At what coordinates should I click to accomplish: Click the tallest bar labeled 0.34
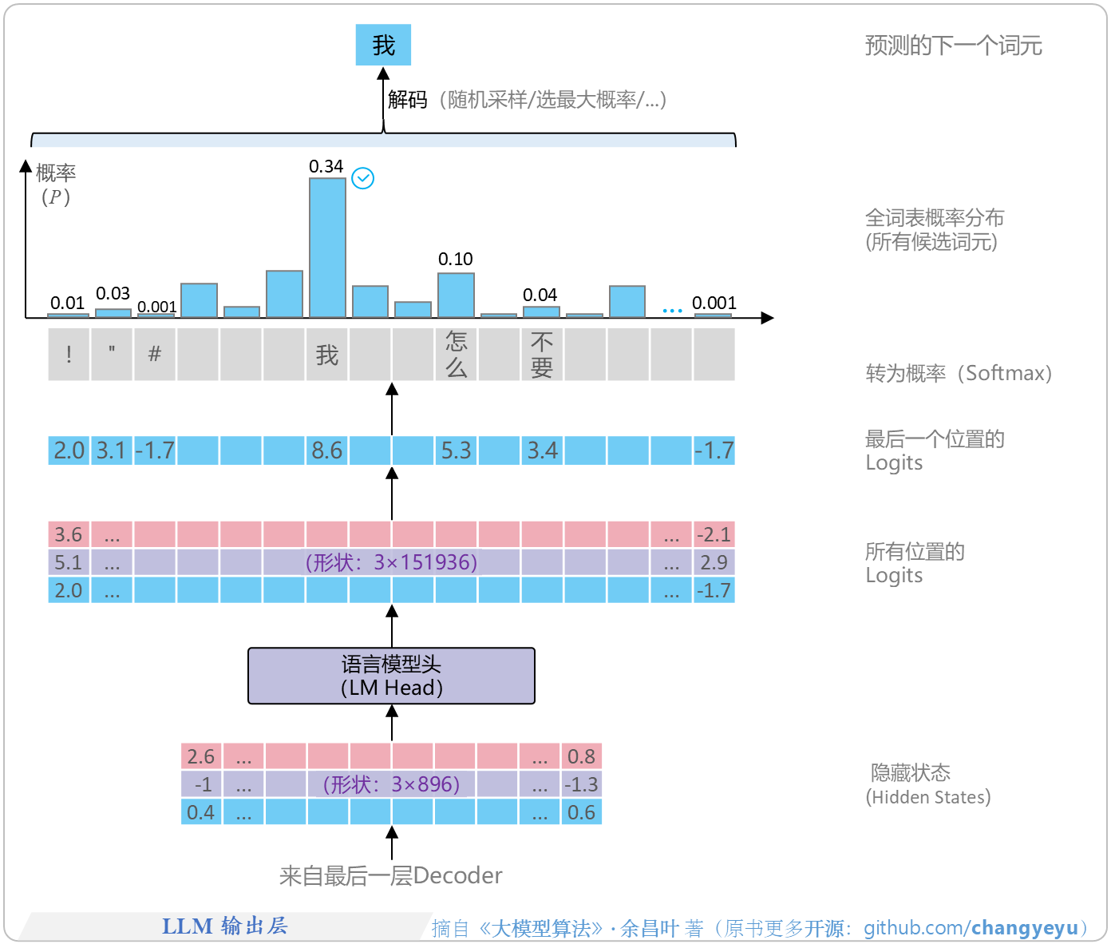coord(327,248)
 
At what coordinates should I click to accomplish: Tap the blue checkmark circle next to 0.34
coord(363,178)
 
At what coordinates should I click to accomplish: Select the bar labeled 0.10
coord(456,295)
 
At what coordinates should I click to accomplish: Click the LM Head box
coord(391,676)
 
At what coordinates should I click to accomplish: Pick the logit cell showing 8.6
coord(326,450)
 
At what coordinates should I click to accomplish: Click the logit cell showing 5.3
coord(456,450)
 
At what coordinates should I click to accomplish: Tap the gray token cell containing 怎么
coord(456,355)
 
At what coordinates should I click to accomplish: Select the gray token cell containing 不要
coord(542,355)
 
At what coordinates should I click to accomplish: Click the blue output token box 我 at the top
coord(383,45)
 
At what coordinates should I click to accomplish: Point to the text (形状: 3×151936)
coord(391,562)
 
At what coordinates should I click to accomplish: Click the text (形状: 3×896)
coord(391,784)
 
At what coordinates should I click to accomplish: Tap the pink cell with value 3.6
coord(69,534)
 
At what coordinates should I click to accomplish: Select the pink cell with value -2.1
coord(714,534)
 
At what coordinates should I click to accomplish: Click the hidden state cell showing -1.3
coord(581,784)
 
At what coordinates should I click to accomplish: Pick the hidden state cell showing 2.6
coord(201,756)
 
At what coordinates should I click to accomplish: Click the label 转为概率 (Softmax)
coord(959,373)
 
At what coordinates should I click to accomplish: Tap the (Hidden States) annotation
coord(928,797)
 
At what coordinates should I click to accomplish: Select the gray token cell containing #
coord(155,355)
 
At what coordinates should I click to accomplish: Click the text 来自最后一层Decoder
coord(391,876)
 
